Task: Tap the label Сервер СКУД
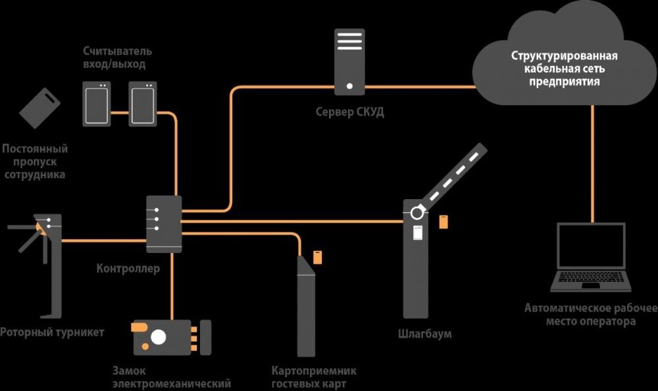coord(349,112)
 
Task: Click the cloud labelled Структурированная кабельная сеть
coord(565,62)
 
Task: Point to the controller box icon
coord(163,223)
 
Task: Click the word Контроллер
coord(128,268)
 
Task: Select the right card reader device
coord(142,103)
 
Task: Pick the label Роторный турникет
coord(52,332)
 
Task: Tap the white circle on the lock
coord(159,336)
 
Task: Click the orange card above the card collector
coord(317,255)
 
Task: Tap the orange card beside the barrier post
coord(443,221)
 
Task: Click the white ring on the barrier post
coord(417,212)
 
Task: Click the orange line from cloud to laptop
coord(593,164)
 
